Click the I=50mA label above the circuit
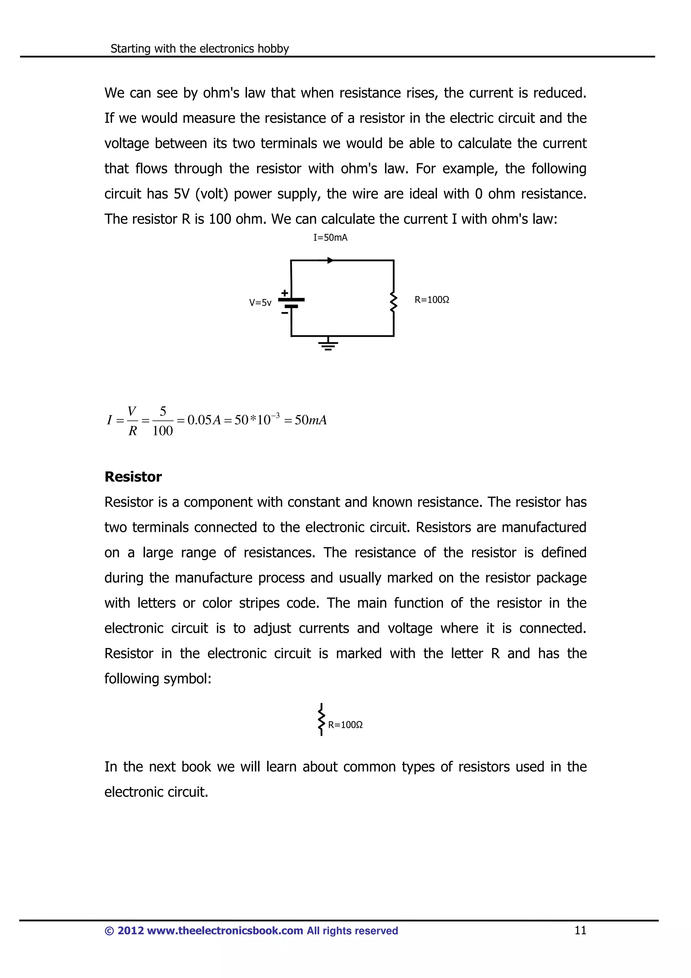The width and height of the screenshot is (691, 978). (x=330, y=238)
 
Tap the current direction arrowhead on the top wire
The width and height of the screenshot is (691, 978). (x=330, y=260)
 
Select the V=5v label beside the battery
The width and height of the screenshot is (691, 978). (x=260, y=303)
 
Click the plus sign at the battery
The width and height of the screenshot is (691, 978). (x=284, y=293)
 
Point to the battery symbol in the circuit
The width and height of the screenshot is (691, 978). (x=291, y=302)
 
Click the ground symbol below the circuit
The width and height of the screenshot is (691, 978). (x=328, y=345)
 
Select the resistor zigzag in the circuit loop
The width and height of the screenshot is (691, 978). (x=394, y=302)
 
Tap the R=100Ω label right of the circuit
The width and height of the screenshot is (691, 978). (x=432, y=300)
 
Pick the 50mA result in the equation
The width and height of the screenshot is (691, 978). (x=311, y=420)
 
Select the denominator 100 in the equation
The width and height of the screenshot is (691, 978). (x=163, y=431)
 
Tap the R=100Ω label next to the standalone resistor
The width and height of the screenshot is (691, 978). (x=345, y=725)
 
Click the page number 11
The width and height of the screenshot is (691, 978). (x=580, y=930)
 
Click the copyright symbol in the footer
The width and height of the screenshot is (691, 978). (x=109, y=931)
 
